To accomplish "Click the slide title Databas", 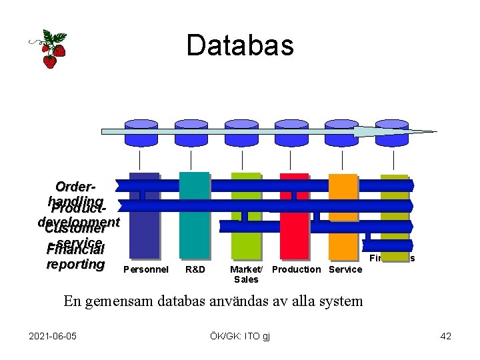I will point(240,45).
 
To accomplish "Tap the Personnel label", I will point(146,269).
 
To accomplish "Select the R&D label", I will point(195,269).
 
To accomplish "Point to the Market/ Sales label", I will point(246,274).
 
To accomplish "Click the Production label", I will point(296,269).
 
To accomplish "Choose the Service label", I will point(345,269).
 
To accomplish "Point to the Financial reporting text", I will point(76,257).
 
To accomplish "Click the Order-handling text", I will point(75,193).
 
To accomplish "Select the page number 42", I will point(445,335).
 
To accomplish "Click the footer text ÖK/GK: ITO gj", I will point(239,335).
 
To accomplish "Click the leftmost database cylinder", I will point(141,132).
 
